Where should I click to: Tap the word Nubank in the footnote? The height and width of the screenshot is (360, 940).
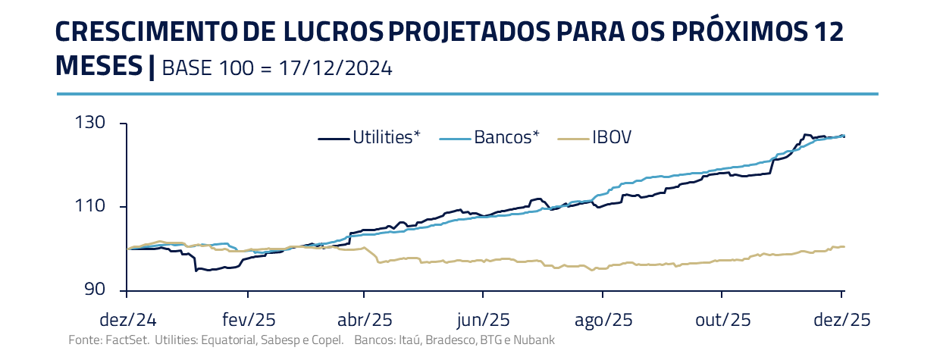pyautogui.click(x=534, y=340)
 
